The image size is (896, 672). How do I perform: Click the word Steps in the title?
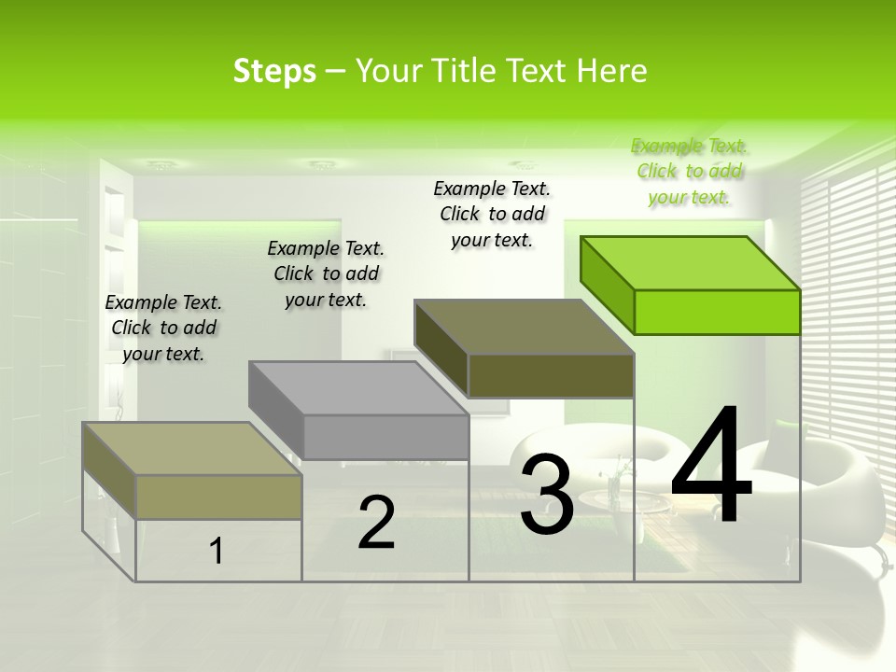tap(274, 71)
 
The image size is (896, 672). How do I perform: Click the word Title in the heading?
tap(468, 71)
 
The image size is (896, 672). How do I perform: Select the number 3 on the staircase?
tap(546, 495)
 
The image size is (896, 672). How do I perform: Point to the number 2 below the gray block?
tap(376, 523)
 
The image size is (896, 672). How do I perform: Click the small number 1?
tap(217, 551)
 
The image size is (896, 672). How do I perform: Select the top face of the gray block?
tap(359, 388)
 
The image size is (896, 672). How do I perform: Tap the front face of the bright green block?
tap(717, 312)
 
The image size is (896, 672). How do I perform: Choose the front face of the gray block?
tap(385, 437)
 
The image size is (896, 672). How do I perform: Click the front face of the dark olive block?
tap(551, 375)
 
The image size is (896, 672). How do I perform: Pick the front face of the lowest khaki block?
tap(218, 497)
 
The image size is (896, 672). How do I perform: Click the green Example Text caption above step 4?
tap(690, 172)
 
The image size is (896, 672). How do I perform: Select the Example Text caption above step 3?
tap(492, 214)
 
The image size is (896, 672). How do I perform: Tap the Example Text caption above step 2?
tap(326, 273)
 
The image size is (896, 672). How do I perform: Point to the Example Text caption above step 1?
tap(163, 328)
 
